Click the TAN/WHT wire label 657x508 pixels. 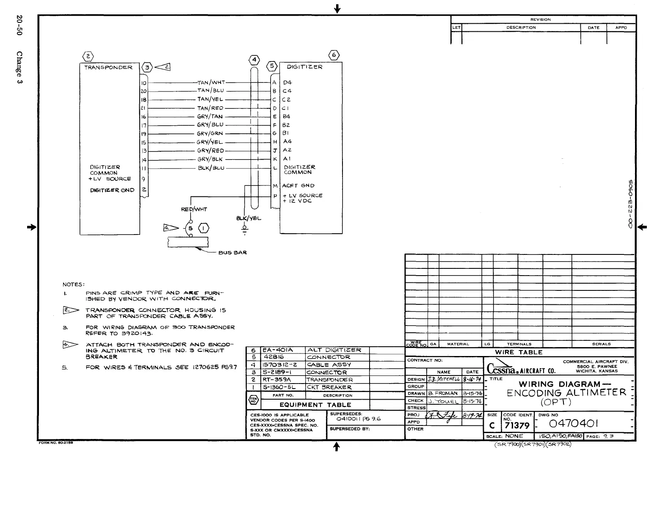tap(211, 82)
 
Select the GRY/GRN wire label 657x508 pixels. tap(210, 133)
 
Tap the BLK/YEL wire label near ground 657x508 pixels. tap(248, 218)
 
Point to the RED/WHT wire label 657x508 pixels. tap(194, 209)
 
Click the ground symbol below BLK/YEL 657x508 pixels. tap(244, 230)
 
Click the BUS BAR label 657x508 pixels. tap(232, 253)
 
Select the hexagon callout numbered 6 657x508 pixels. tap(334, 55)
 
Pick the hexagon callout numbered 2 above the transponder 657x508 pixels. tap(88, 56)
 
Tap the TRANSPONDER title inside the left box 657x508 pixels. tap(108, 67)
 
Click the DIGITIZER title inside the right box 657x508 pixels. tap(304, 67)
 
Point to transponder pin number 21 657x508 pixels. tap(144, 108)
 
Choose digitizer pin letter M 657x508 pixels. tap(275, 186)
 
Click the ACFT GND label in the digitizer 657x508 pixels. tap(298, 185)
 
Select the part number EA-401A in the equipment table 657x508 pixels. tap(278, 350)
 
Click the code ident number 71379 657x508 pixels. tap(517, 425)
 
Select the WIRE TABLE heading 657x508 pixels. tap(519, 352)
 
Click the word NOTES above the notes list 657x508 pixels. tap(73, 284)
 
